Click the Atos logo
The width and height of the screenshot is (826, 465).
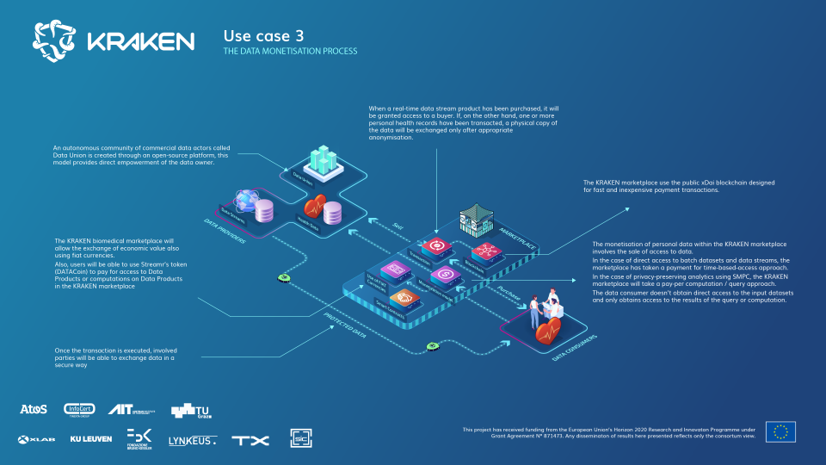click(33, 409)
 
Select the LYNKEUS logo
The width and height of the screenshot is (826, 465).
click(192, 440)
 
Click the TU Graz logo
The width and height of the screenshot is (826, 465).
click(189, 412)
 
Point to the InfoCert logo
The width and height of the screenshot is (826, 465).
click(83, 409)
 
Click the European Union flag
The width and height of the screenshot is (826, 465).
click(780, 431)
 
